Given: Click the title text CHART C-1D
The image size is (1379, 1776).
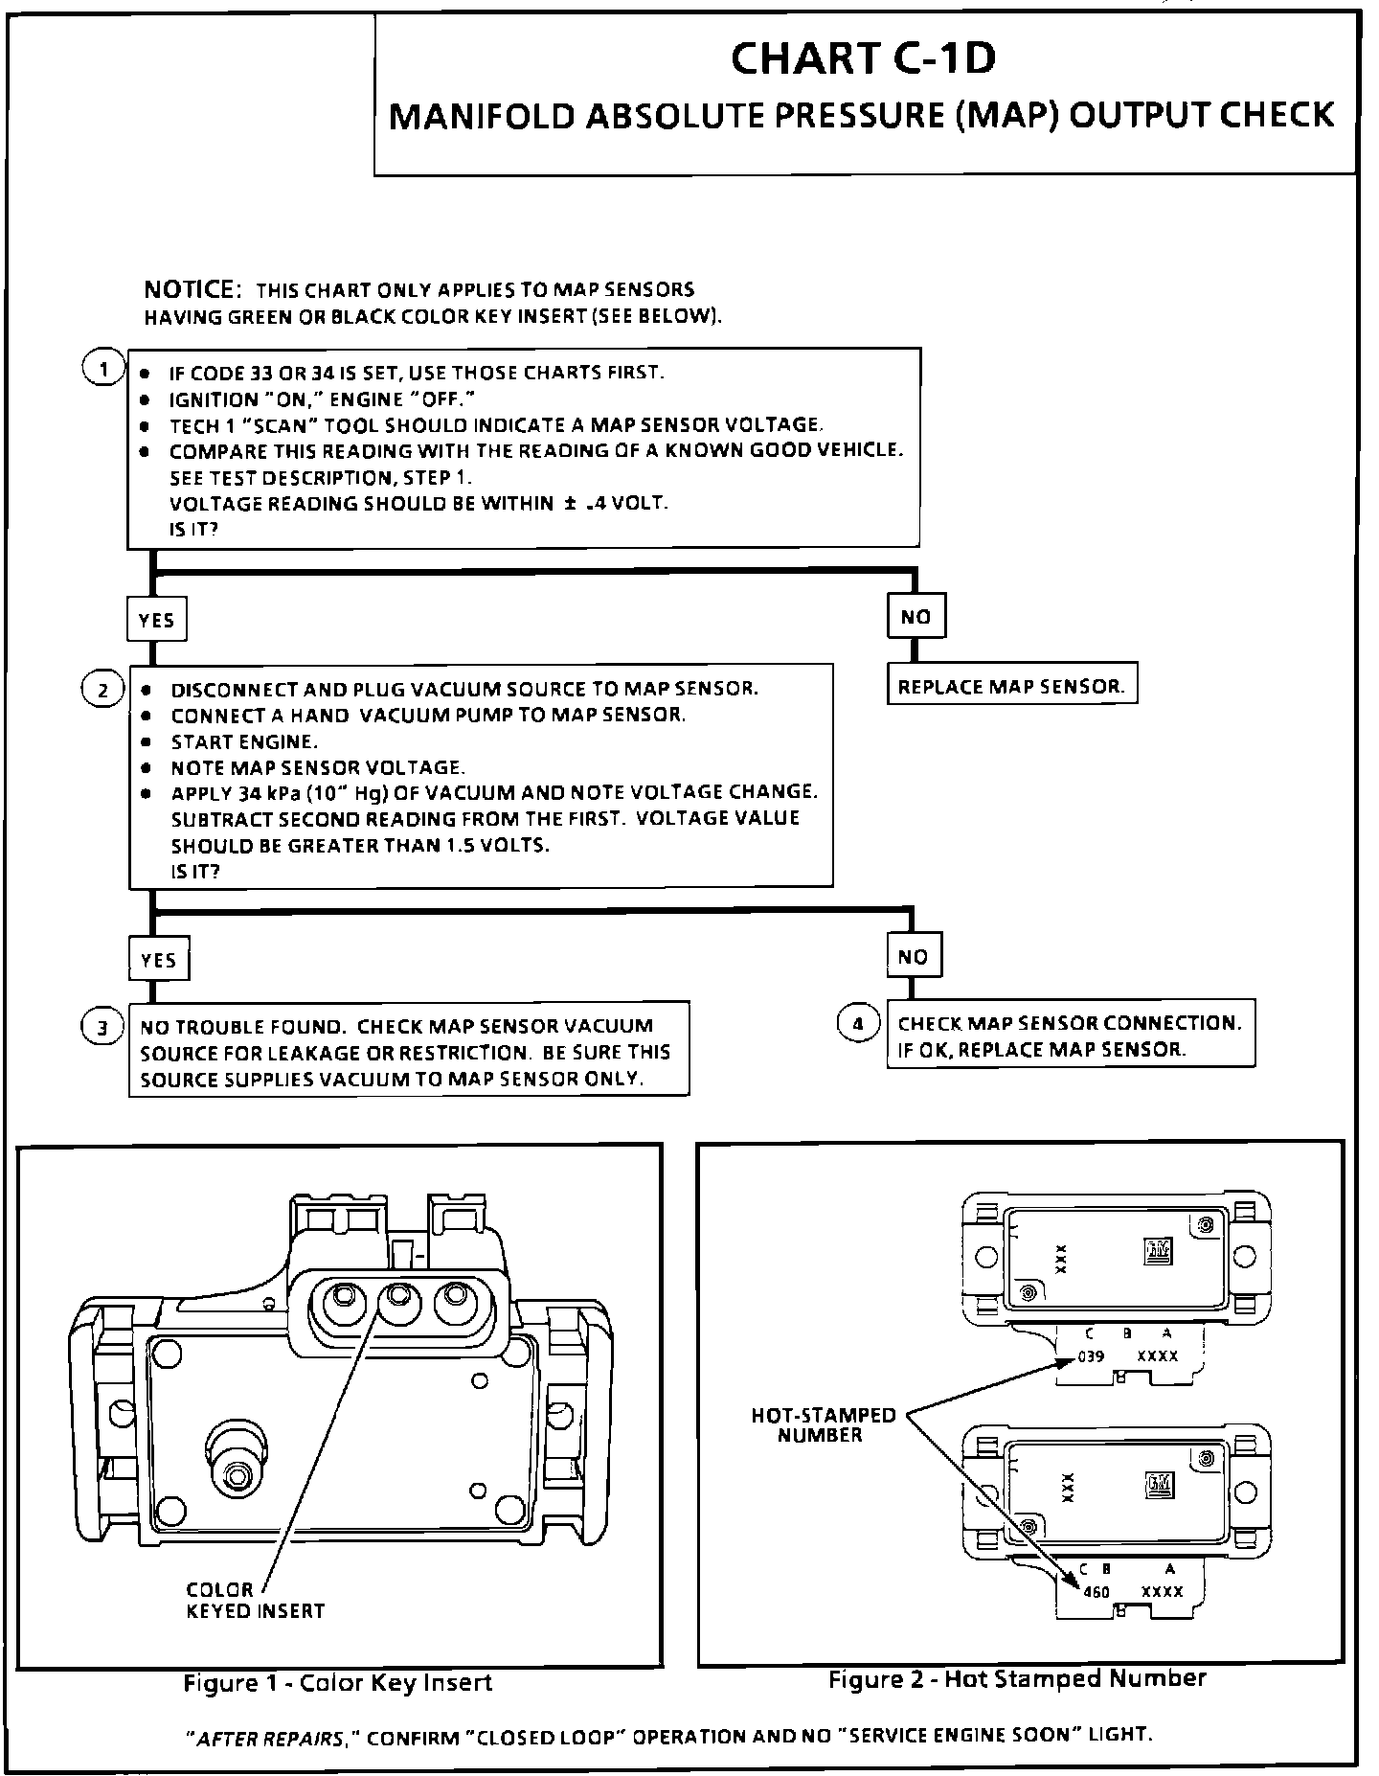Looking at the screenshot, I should pos(863,59).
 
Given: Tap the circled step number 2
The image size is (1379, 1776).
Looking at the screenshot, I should pos(102,690).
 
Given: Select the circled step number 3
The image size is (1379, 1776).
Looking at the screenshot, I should pos(102,1028).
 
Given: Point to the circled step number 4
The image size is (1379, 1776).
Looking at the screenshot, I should pos(858,1024).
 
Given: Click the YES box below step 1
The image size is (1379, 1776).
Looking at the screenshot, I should pos(156,620).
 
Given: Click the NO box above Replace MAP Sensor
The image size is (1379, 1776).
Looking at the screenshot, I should pos(916,617).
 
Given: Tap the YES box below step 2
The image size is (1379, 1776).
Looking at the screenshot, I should pos(158,960).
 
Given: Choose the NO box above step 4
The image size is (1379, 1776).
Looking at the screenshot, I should pos(914,956).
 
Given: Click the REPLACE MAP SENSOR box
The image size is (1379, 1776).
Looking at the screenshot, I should pos(1011,687).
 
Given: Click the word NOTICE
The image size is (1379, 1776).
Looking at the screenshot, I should pos(189,289).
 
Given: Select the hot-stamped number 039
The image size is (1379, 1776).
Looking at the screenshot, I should pos(1091,1356).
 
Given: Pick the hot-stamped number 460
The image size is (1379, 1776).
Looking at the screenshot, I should pos(1096,1592).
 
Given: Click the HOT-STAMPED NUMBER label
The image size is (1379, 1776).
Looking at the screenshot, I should pos(823,1425).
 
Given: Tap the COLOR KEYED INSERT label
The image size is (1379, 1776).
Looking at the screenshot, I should pos(255,1600).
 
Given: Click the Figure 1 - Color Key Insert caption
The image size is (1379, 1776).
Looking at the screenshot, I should pos(337,1683).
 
